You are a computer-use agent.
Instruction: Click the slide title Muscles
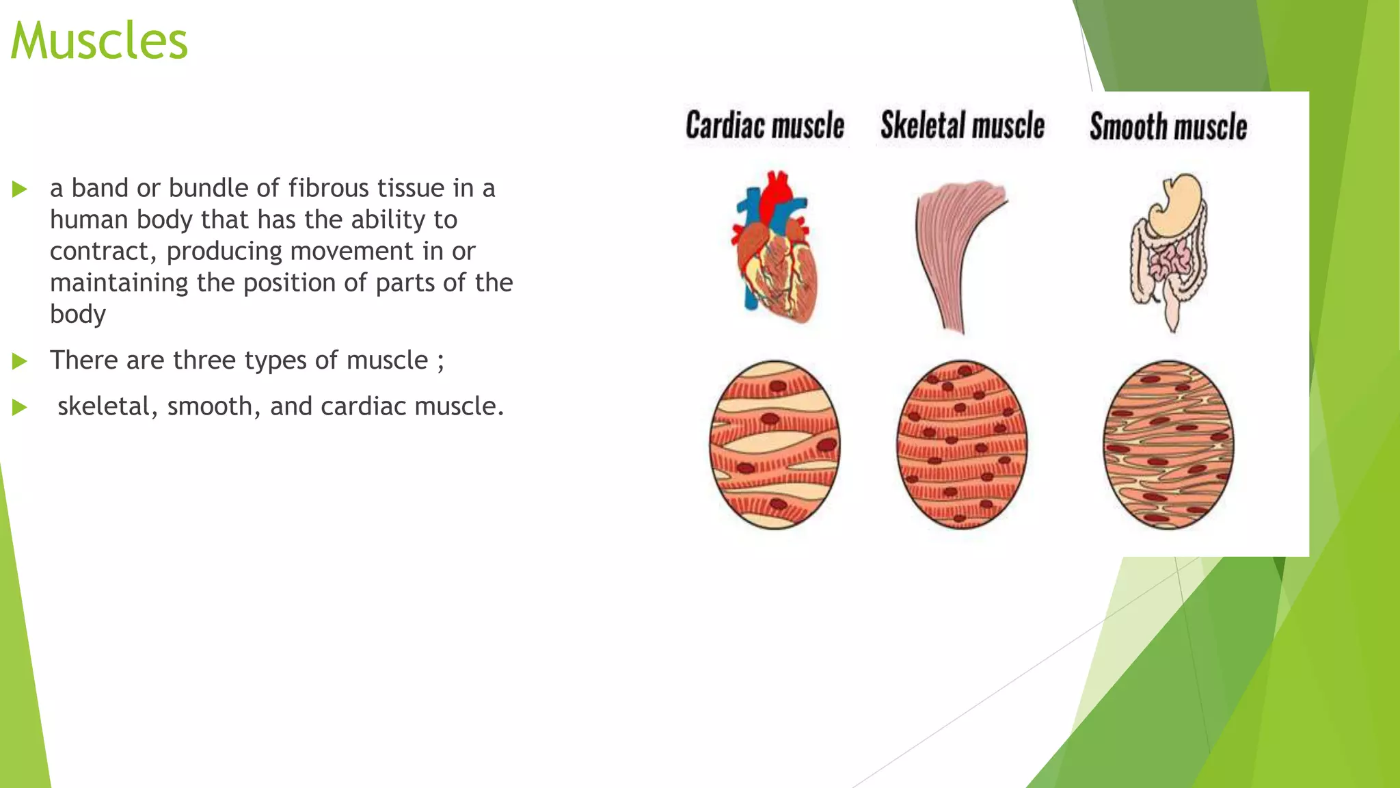(99, 41)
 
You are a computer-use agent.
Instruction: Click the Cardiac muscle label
(765, 126)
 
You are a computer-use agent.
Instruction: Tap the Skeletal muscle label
(962, 126)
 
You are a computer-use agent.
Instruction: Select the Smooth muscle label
(1168, 127)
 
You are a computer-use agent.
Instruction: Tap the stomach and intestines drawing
(1168, 250)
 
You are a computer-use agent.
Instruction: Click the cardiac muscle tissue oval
(775, 445)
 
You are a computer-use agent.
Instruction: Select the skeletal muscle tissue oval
(962, 445)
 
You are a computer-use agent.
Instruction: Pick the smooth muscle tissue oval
(1168, 445)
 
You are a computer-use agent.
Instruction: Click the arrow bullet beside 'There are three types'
(20, 361)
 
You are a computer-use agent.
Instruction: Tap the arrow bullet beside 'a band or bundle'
(20, 189)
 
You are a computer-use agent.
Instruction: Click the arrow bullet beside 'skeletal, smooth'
(20, 408)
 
